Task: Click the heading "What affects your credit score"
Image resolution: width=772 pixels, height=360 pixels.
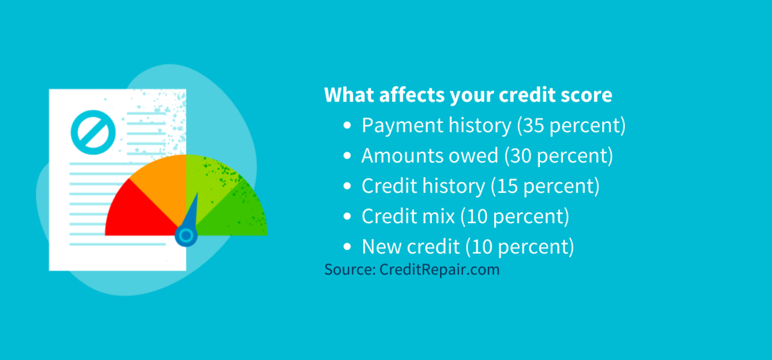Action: coord(468,95)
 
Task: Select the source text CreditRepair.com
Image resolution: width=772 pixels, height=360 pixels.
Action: coord(439,270)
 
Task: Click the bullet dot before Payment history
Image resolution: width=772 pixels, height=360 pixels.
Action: coord(347,126)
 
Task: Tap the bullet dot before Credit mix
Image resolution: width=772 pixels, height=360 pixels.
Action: coord(347,217)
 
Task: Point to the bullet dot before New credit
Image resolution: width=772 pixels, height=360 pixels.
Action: coord(347,247)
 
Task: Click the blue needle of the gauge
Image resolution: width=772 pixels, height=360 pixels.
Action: coord(192,212)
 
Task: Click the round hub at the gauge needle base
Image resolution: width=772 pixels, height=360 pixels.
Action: coord(186,236)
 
